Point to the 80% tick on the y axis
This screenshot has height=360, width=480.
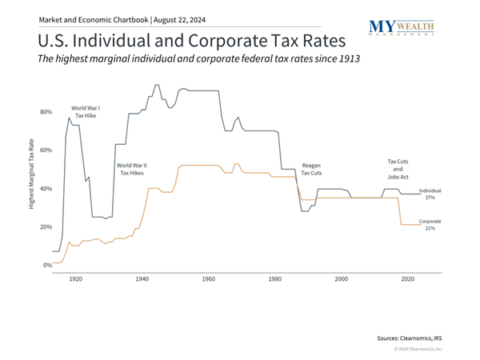click(46, 112)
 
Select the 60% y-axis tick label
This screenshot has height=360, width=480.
click(46, 150)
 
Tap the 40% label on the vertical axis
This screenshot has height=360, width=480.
click(46, 189)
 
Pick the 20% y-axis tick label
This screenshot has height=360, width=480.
click(46, 227)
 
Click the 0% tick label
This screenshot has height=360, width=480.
click(48, 265)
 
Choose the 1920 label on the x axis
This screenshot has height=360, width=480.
click(75, 279)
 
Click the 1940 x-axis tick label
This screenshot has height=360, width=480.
click(142, 279)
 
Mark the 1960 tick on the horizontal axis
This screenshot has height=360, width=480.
click(208, 279)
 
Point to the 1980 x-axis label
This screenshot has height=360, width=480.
click(275, 279)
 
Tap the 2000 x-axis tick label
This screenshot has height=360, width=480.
click(342, 279)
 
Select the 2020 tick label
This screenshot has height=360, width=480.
click(408, 279)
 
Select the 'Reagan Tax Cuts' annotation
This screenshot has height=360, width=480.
click(312, 168)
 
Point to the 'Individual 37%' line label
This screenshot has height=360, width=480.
click(430, 194)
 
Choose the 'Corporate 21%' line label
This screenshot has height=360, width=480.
click(430, 225)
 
